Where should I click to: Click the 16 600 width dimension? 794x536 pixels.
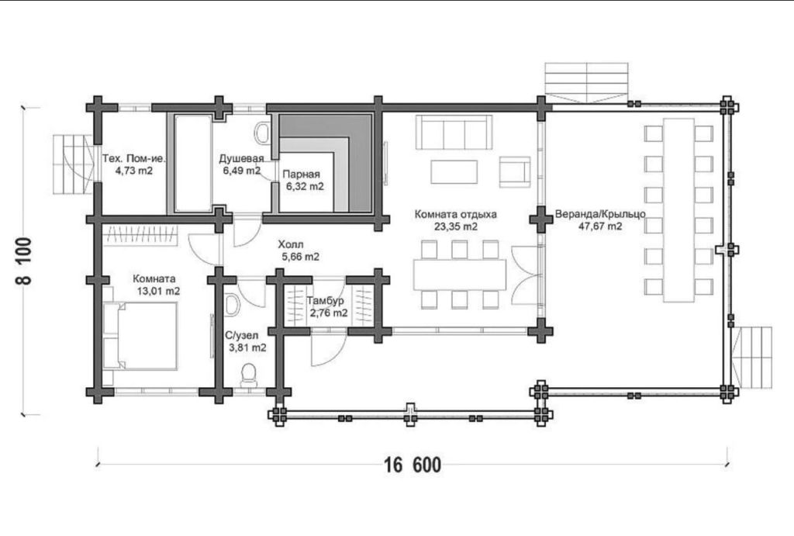point(413,465)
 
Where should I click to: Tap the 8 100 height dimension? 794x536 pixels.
point(25,261)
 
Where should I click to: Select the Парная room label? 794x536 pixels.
point(302,175)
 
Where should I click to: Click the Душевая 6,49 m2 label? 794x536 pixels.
point(242,164)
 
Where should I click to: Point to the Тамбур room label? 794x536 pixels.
point(325,301)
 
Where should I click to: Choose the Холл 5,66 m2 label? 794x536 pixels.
point(299,251)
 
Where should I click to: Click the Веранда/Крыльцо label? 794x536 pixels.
point(600,214)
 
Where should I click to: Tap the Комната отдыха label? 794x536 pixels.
point(456,214)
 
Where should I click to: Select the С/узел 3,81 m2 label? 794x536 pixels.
point(246,341)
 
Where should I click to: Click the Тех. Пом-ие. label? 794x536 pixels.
point(134,158)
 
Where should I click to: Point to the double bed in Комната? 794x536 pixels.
point(140,336)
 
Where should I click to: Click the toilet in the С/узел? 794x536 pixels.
point(248,375)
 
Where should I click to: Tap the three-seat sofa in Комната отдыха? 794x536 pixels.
point(454,132)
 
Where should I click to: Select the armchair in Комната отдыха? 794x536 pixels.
point(515,171)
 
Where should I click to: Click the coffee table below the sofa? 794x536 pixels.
point(454,171)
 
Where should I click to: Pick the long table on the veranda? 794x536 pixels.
point(678,210)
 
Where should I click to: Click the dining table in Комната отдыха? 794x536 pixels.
point(460,275)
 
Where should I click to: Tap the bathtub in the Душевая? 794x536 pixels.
point(193,164)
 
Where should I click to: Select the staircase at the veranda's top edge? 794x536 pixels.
point(586,82)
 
